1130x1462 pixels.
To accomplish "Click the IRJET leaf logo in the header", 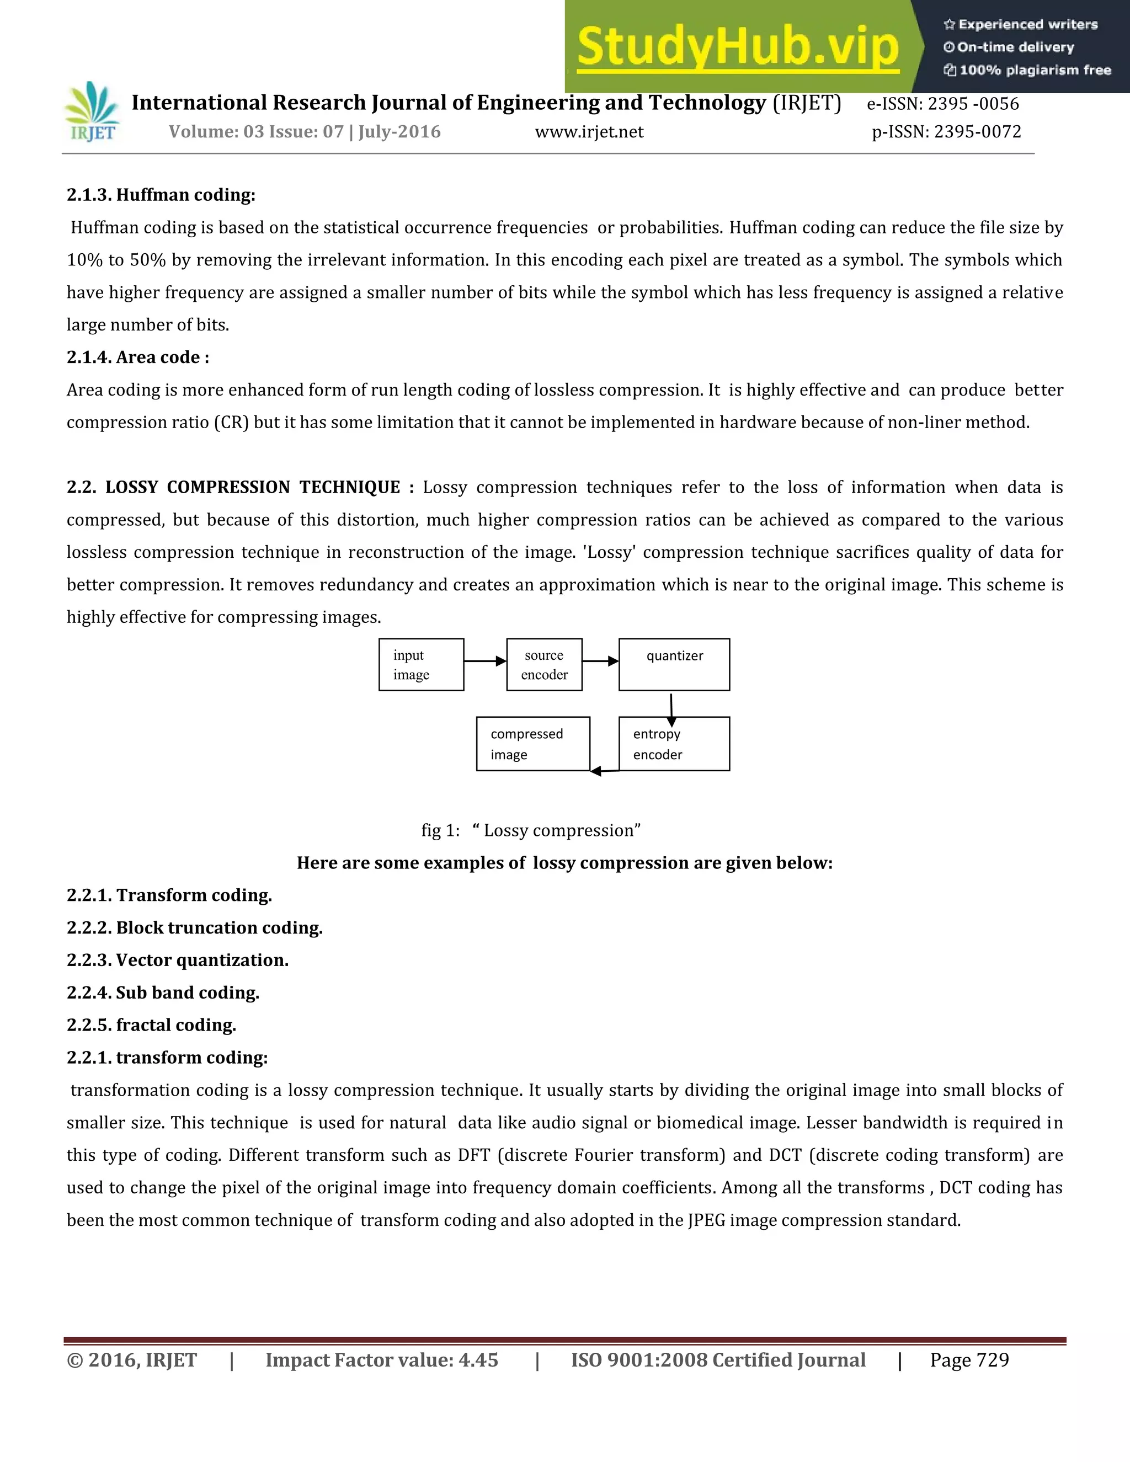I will point(92,112).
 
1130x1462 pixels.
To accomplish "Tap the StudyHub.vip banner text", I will point(737,47).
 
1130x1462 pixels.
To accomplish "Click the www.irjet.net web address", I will point(589,132).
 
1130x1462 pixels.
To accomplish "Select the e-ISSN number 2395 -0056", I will point(973,104).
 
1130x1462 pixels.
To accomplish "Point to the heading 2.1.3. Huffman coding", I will point(161,195).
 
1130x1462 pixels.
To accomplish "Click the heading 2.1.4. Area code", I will point(138,358).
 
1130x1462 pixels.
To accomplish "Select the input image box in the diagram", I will point(421,665).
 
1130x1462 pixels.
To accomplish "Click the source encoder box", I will point(544,665).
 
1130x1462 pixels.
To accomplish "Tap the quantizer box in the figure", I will point(674,665).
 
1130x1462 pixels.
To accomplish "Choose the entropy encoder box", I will point(674,744).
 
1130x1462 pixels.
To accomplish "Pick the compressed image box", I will point(533,744).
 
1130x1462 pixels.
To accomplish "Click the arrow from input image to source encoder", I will point(484,661).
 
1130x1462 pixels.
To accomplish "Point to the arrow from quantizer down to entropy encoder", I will point(671,709).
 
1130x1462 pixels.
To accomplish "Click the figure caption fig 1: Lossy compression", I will point(531,831).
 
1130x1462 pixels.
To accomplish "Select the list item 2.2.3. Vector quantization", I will point(178,960).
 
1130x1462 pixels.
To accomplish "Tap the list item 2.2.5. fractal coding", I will point(151,1025).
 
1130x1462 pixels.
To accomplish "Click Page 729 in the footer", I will point(969,1360).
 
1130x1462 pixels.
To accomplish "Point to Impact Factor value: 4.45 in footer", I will point(382,1360).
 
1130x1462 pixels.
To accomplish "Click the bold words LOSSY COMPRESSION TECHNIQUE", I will point(252,487).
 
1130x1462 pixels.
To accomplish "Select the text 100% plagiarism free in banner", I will point(1035,70).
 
